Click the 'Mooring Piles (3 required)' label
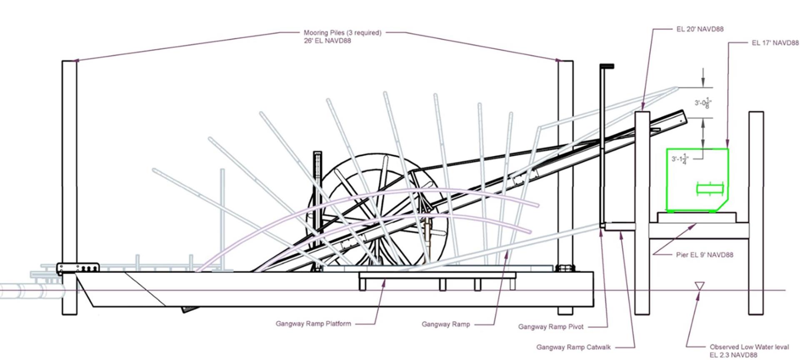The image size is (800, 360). pyautogui.click(x=342, y=33)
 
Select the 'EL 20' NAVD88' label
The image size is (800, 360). pyautogui.click(x=700, y=29)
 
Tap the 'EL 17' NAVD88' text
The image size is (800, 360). pyautogui.click(x=775, y=43)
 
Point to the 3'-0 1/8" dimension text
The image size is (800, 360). pyautogui.click(x=702, y=102)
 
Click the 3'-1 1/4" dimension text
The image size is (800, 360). pyautogui.click(x=680, y=159)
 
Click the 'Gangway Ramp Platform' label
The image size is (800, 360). pyautogui.click(x=313, y=323)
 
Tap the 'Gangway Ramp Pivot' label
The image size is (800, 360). pyautogui.click(x=550, y=327)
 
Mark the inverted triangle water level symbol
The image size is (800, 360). pyautogui.click(x=700, y=286)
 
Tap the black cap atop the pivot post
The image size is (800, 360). pyautogui.click(x=607, y=66)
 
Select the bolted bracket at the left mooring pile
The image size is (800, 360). pyautogui.click(x=77, y=268)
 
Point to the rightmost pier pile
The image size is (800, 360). pyautogui.click(x=756, y=212)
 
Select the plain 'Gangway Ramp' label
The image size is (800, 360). pyautogui.click(x=445, y=324)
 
